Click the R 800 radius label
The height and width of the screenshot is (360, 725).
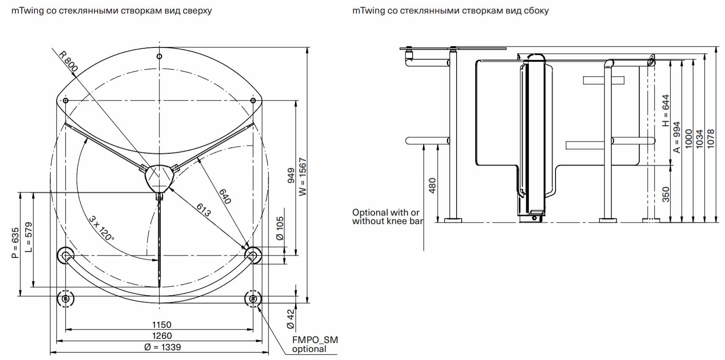click(x=68, y=61)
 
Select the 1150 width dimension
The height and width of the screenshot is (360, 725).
click(x=161, y=325)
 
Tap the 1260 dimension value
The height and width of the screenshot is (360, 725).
click(x=161, y=336)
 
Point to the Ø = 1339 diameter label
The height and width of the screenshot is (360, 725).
click(x=162, y=347)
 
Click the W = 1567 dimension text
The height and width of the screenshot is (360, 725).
click(x=303, y=177)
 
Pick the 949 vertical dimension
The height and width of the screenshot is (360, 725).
click(x=291, y=176)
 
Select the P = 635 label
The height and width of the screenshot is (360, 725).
click(x=15, y=243)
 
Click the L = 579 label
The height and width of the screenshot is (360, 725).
click(x=28, y=237)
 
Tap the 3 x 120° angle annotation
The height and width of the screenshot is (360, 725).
click(x=101, y=228)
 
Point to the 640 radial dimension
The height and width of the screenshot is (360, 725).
click(x=225, y=196)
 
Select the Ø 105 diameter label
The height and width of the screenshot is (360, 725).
click(x=280, y=228)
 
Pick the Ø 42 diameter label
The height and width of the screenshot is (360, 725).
click(x=290, y=319)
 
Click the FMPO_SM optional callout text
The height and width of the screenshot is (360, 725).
click(x=315, y=344)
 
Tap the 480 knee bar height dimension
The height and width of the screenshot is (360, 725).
click(x=432, y=186)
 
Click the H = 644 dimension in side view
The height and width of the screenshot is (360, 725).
click(x=666, y=110)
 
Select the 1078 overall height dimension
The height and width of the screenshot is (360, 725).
click(x=711, y=138)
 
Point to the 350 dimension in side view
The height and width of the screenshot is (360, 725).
click(x=666, y=194)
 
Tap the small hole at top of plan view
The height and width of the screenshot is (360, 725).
click(x=159, y=56)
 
